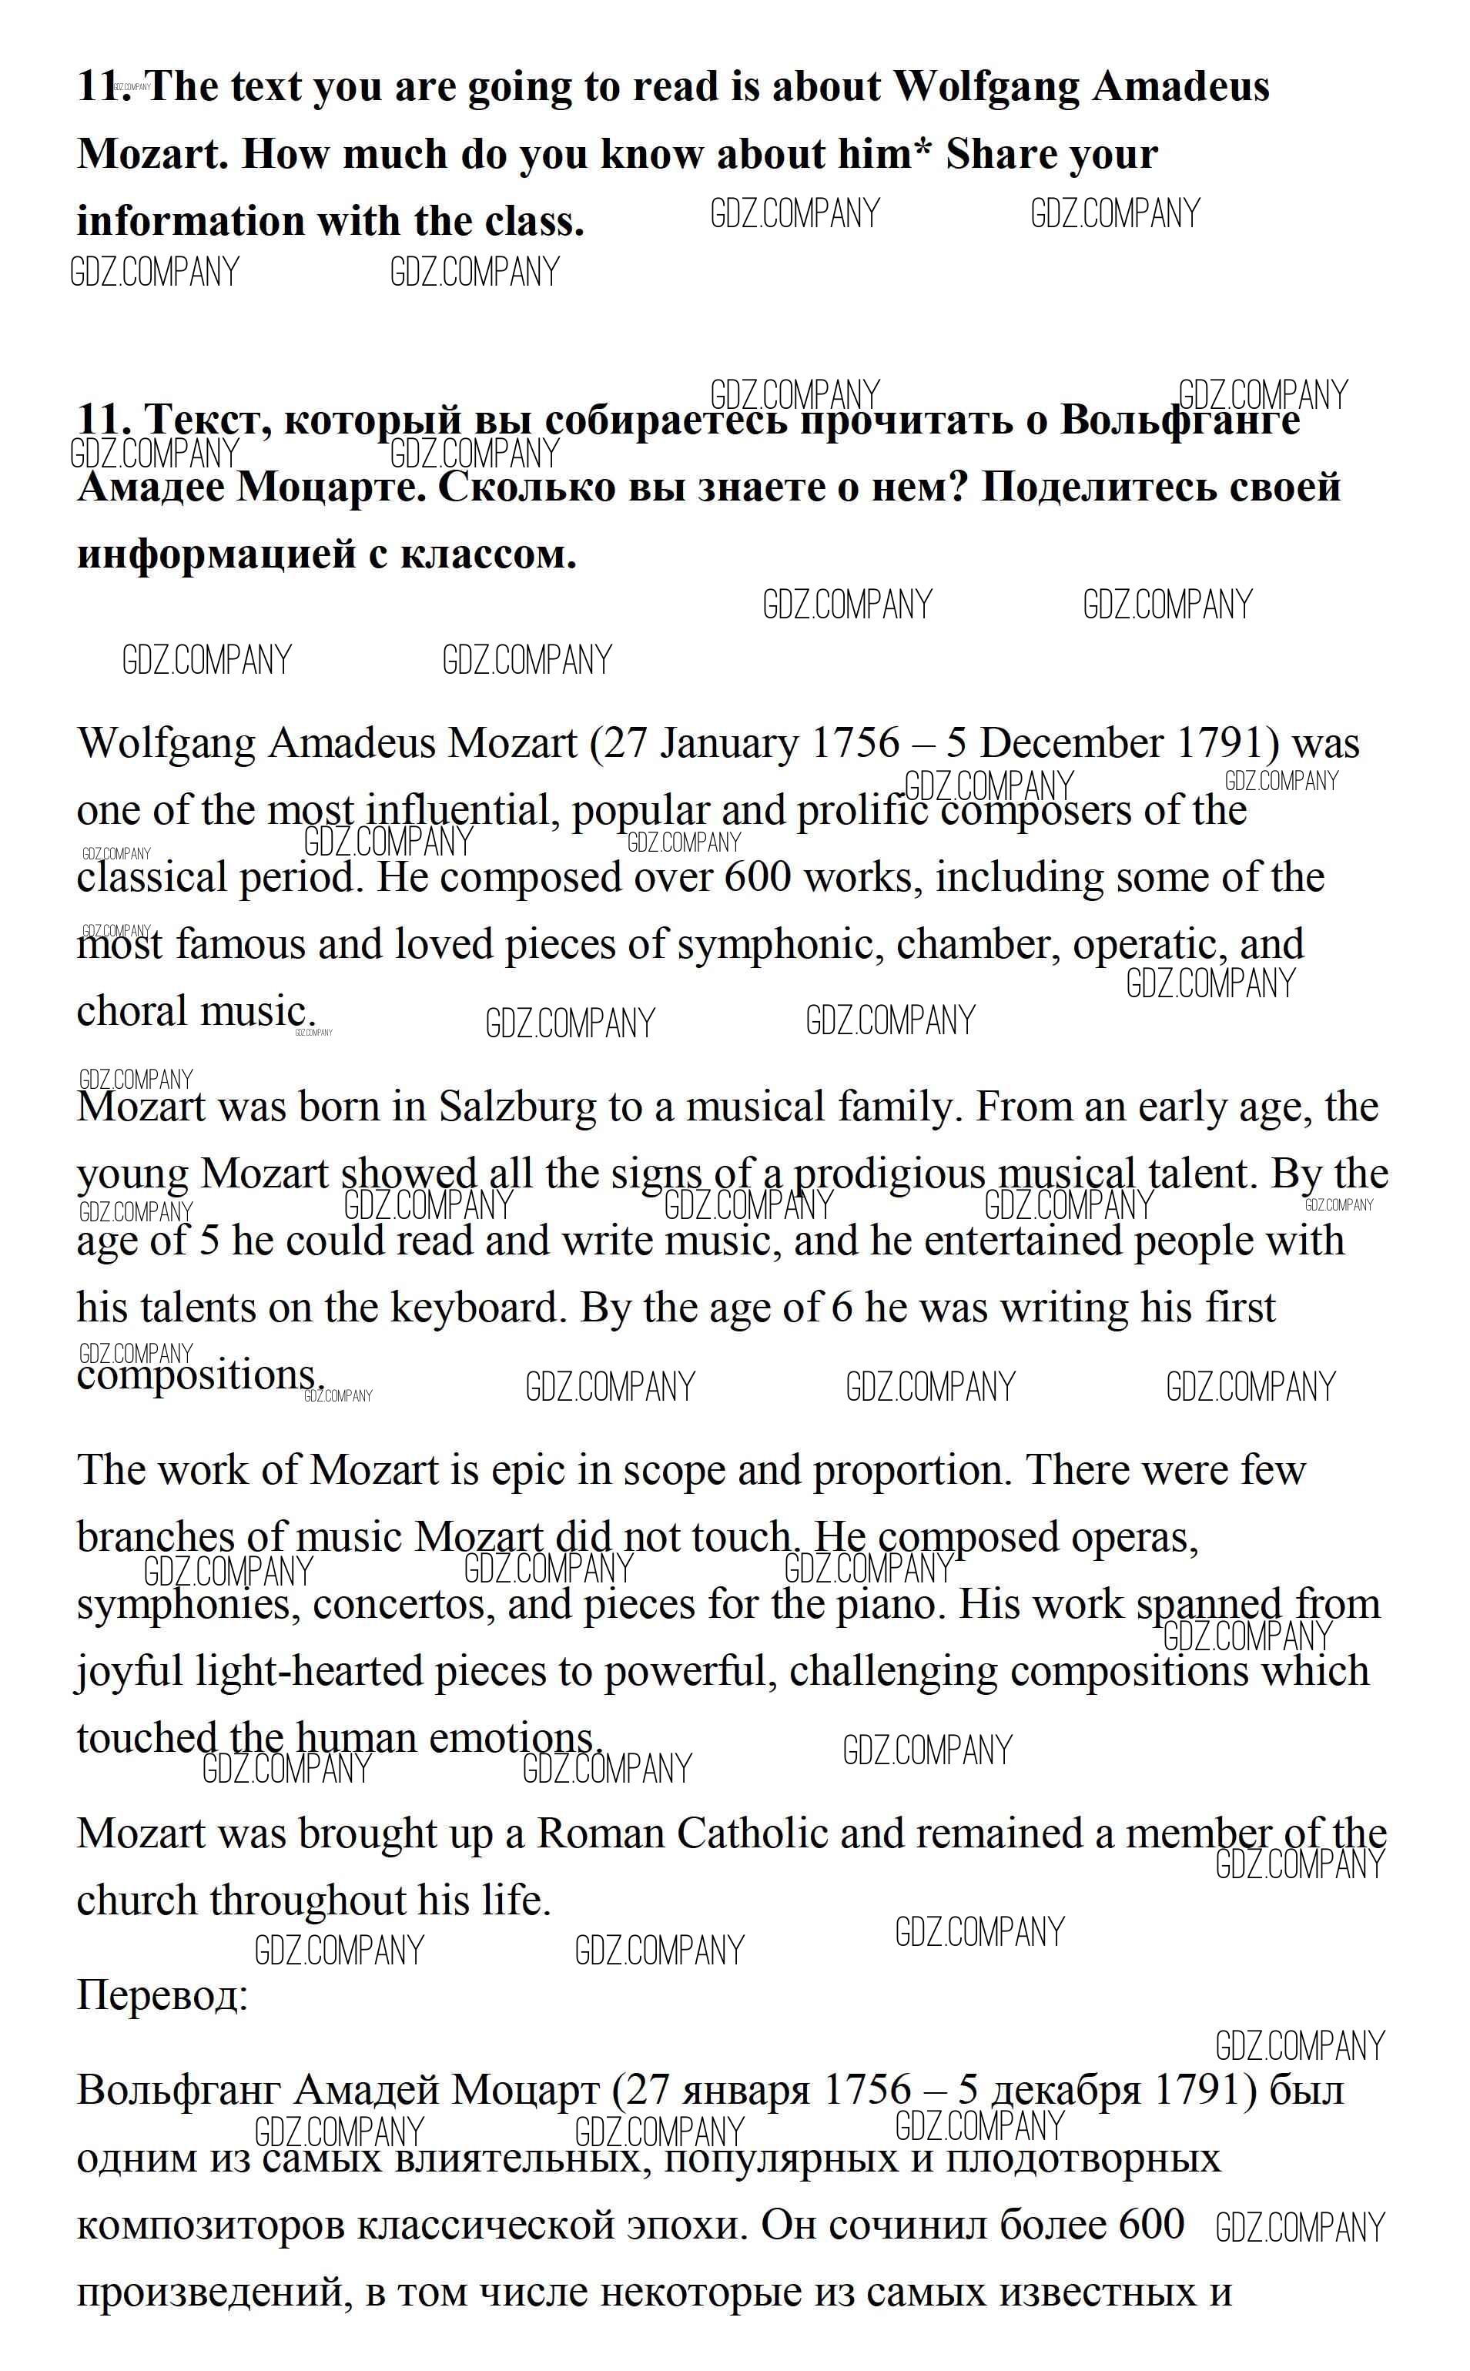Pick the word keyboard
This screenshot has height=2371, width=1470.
[477, 1308]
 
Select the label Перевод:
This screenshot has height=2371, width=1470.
[162, 1996]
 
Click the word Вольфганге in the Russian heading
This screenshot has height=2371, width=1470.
[1179, 420]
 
